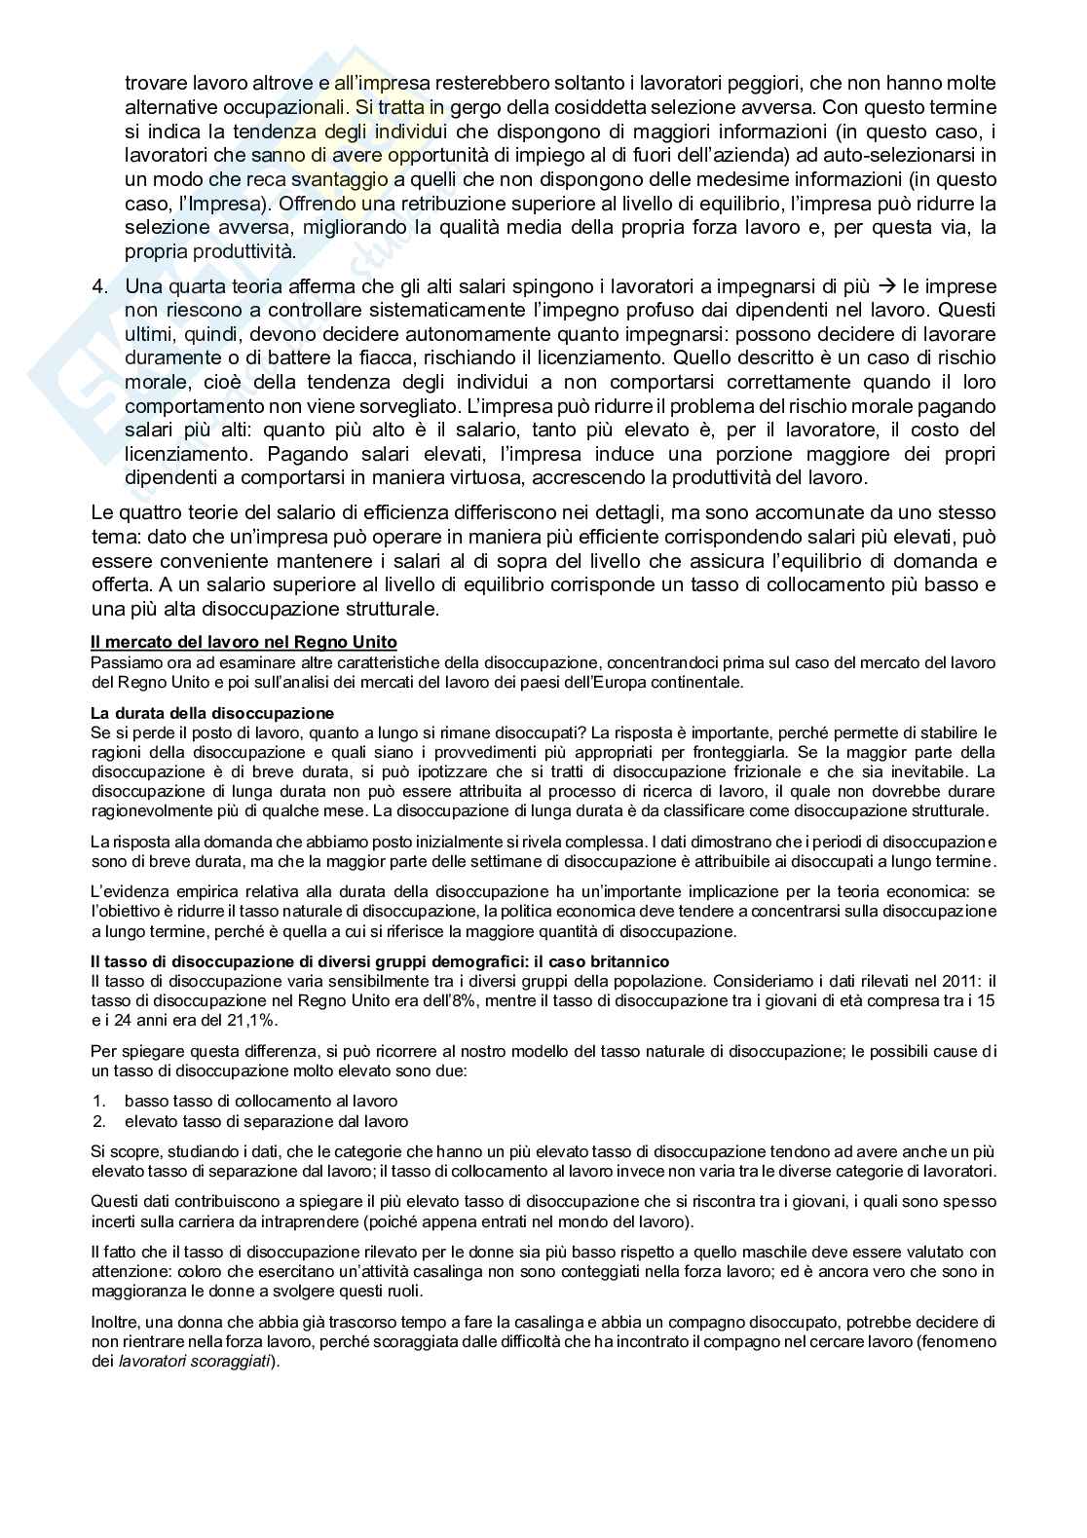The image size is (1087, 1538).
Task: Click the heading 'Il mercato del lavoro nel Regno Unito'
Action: [x=244, y=642]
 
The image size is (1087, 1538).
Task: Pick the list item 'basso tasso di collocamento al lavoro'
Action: [x=261, y=1101]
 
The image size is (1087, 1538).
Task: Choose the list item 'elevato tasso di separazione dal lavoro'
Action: [x=266, y=1121]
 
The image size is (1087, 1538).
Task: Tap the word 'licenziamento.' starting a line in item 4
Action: [x=190, y=454]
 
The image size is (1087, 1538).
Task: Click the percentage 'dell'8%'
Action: [x=452, y=1000]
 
